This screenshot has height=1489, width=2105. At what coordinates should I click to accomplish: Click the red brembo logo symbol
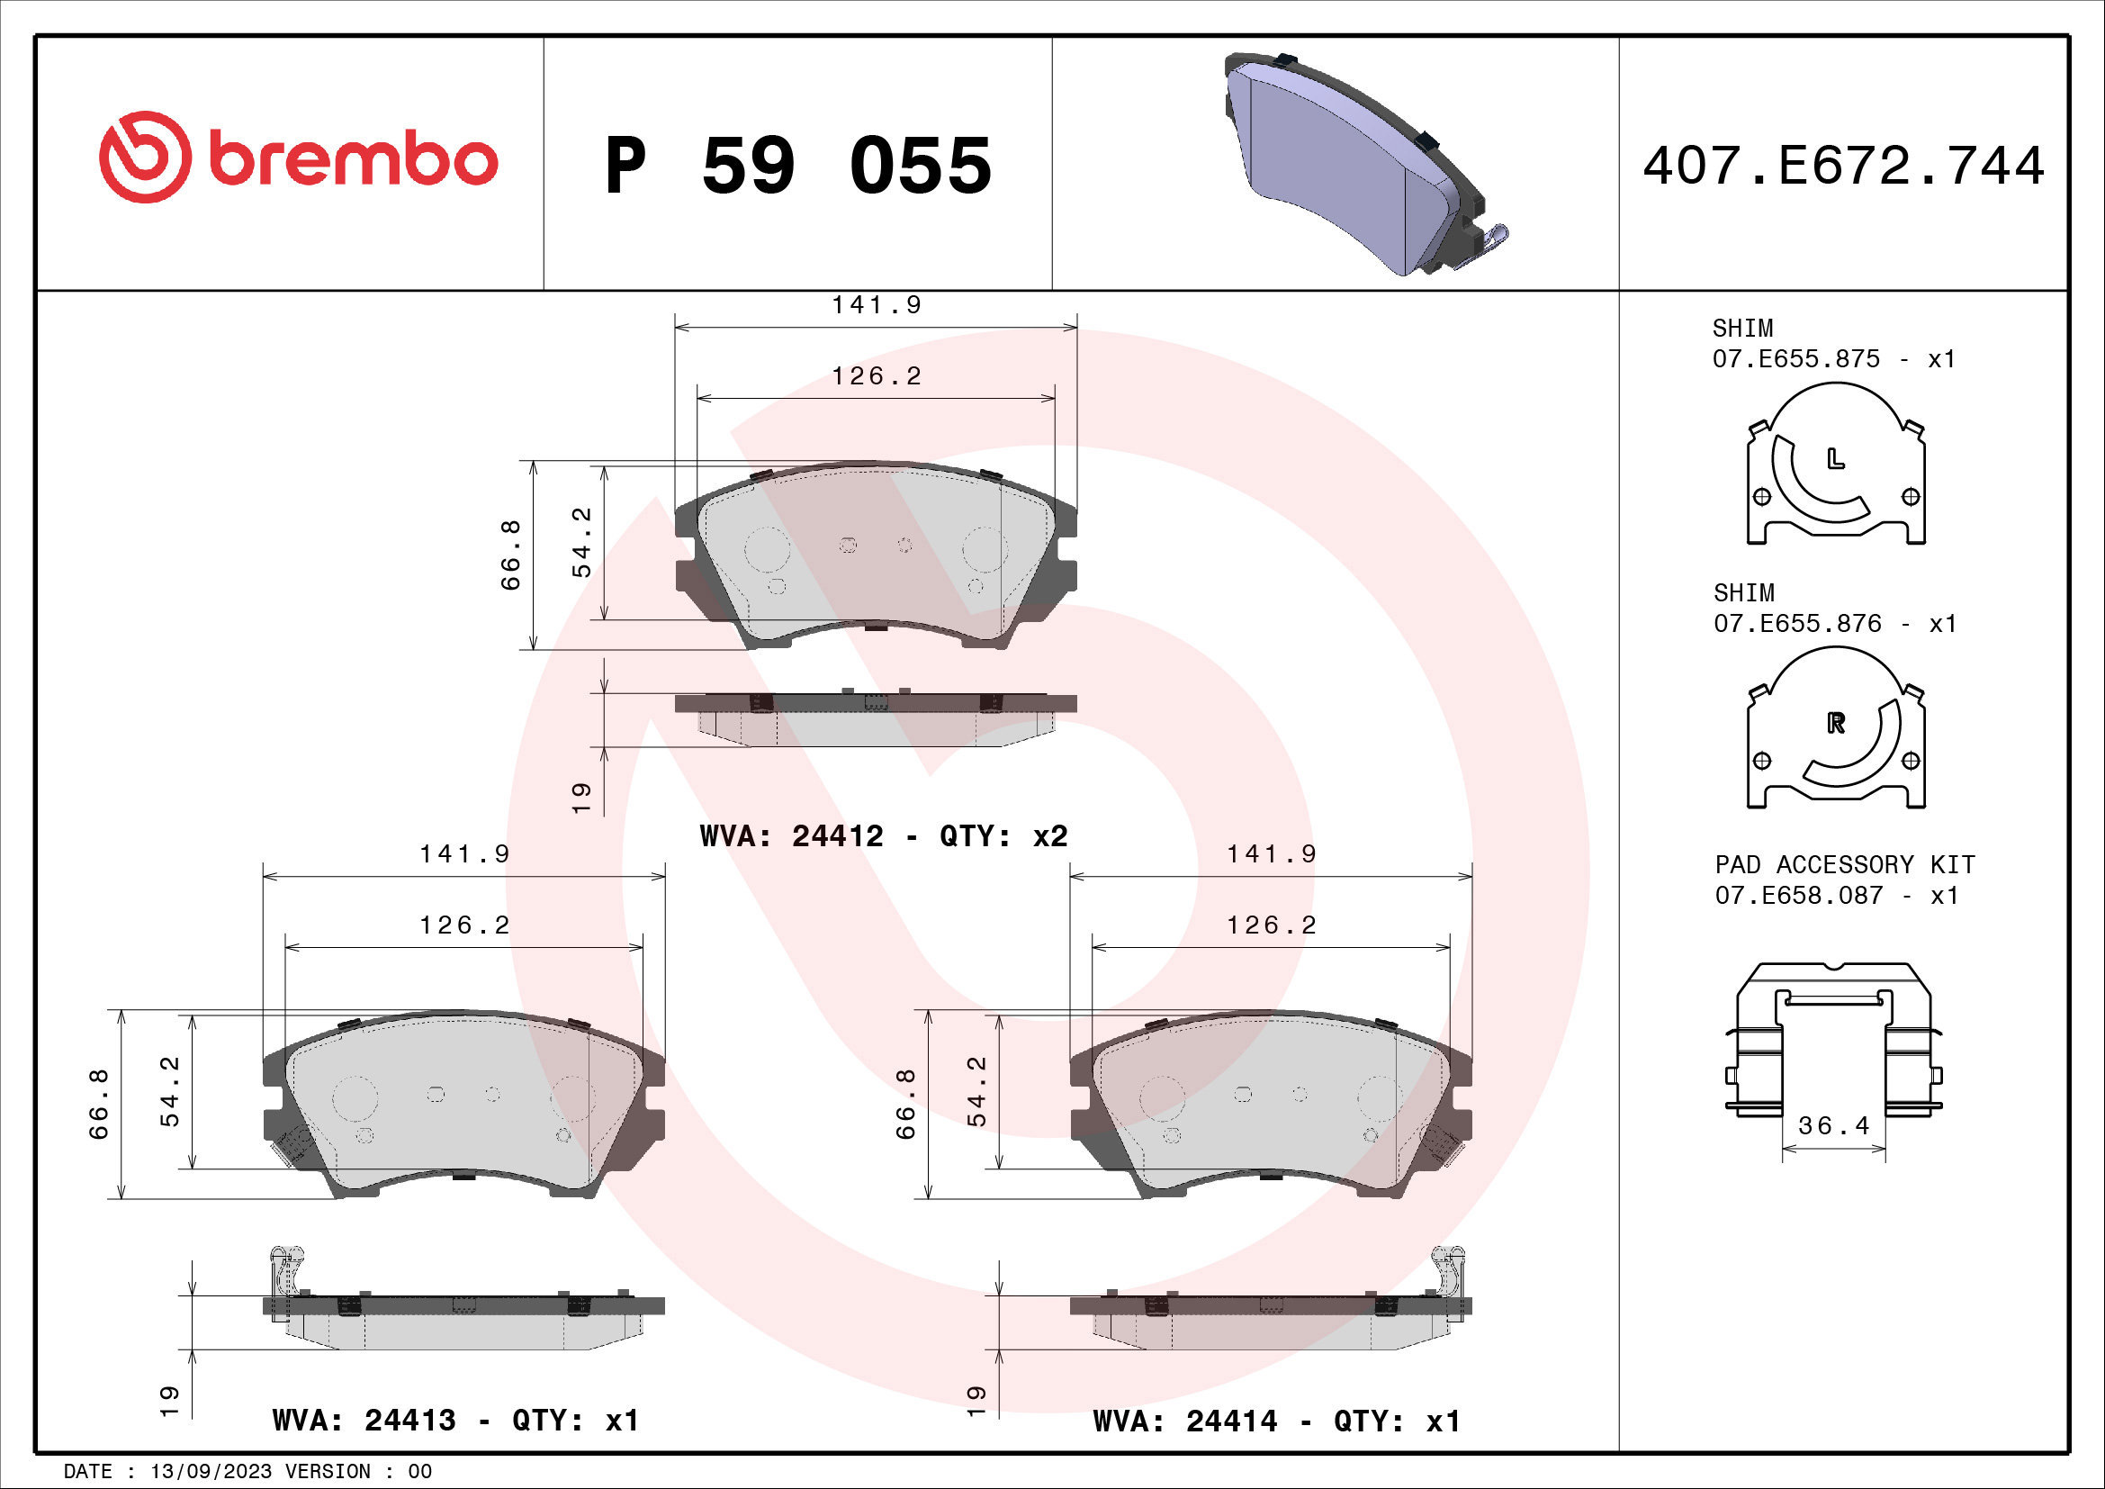(145, 157)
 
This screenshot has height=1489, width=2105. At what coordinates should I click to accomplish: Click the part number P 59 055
(797, 166)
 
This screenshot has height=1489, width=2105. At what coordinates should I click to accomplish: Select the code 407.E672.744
(1843, 166)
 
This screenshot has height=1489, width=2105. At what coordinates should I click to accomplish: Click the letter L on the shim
(1834, 458)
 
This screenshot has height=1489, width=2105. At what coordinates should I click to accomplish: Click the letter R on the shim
(1835, 724)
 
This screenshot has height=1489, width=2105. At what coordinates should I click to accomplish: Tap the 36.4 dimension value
(1833, 1125)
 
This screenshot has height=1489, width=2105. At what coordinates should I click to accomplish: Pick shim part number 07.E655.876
(1796, 624)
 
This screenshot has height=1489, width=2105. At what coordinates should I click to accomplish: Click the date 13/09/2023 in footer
(211, 1472)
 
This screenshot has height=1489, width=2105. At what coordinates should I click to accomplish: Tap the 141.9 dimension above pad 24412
(876, 304)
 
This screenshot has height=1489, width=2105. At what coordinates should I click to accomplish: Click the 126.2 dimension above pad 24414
(1271, 925)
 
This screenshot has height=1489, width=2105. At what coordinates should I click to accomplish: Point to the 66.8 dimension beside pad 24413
(98, 1104)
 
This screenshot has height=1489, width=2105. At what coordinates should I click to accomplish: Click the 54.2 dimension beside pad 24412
(581, 543)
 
